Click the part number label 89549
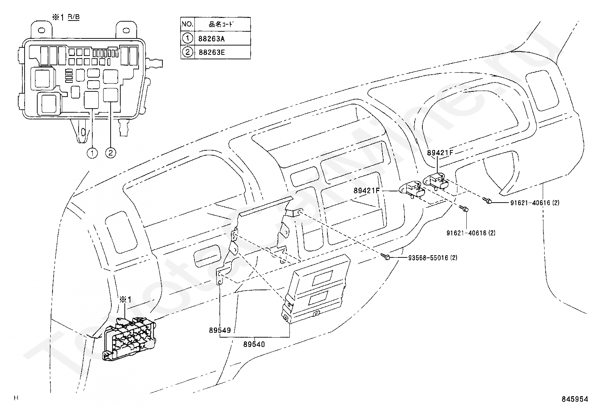[220, 330]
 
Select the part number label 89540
[254, 344]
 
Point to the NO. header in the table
[187, 25]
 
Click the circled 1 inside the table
[187, 38]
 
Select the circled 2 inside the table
[187, 52]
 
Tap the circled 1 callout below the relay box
[92, 153]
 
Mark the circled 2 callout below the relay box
[111, 153]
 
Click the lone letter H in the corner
[16, 398]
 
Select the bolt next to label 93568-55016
[386, 257]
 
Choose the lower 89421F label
[366, 191]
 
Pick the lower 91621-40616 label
[470, 233]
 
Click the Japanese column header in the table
[222, 25]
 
